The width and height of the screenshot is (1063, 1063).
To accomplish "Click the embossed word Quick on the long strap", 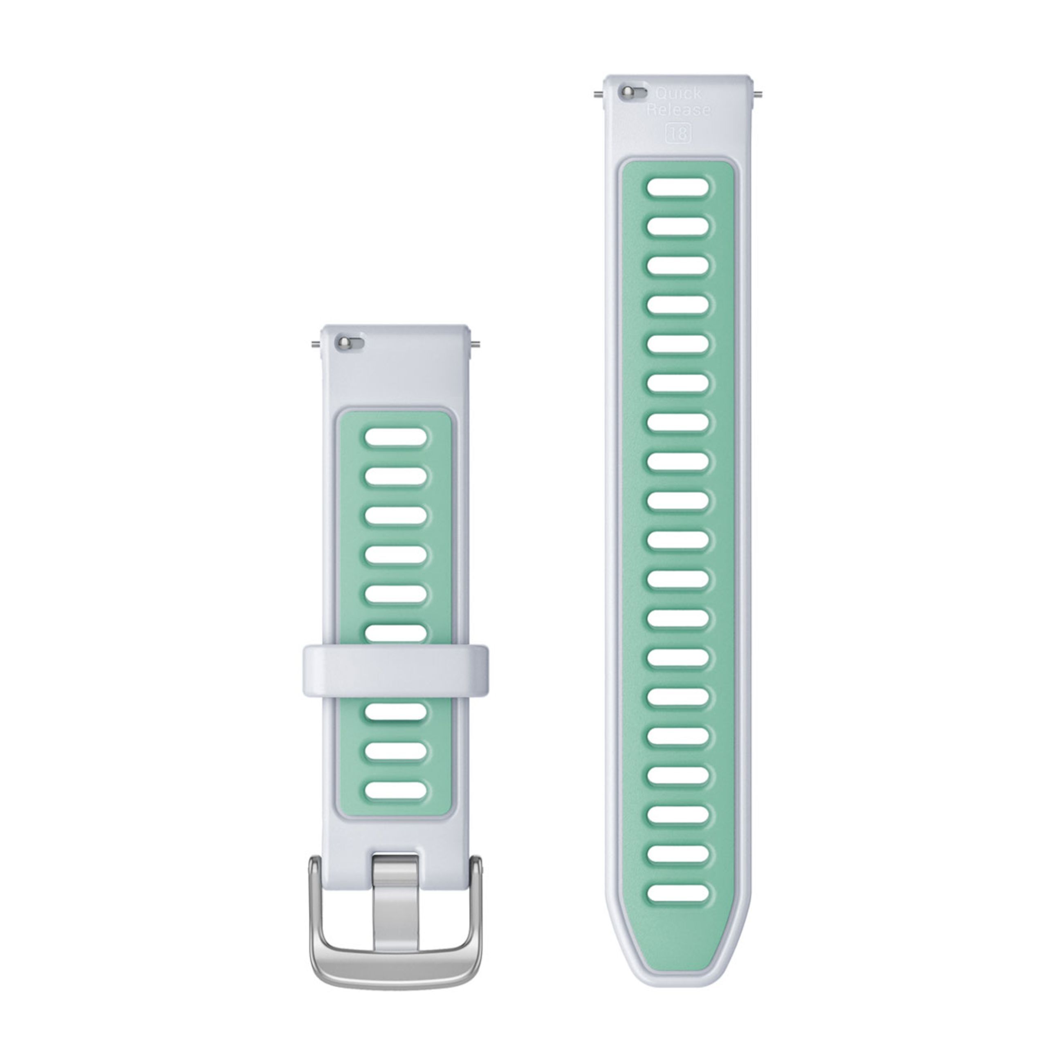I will (678, 94).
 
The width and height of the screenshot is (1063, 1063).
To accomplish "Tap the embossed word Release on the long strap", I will (678, 110).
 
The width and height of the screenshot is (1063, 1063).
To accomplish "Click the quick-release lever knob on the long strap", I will (626, 92).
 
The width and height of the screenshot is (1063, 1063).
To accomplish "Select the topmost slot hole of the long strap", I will (678, 187).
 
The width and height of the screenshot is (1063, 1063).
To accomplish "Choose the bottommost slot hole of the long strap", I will (678, 893).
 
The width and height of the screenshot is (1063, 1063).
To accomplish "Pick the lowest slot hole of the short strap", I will (396, 790).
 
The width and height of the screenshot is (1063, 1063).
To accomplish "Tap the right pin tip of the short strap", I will (476, 345).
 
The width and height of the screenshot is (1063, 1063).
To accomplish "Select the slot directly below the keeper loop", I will (396, 711).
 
